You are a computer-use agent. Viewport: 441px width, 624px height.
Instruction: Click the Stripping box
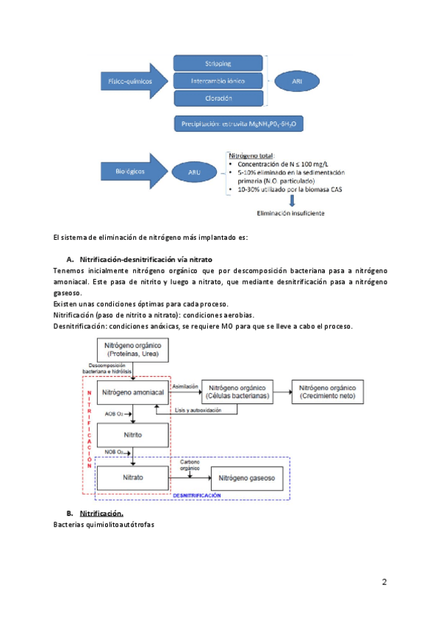[x=218, y=63]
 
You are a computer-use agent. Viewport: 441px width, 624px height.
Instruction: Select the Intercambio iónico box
[x=218, y=80]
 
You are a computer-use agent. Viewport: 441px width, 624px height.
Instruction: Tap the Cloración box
[x=218, y=98]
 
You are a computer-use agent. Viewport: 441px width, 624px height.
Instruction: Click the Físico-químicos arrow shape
[x=131, y=80]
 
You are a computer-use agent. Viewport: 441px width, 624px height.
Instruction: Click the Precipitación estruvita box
[x=240, y=125]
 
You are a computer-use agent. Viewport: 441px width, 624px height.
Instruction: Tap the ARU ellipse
[x=193, y=172]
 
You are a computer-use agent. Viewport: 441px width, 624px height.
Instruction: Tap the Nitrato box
[x=133, y=478]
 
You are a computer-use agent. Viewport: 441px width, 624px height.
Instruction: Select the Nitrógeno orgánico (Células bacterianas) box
[x=237, y=391]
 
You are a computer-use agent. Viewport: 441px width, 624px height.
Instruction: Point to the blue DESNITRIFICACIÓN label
[x=197, y=497]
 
